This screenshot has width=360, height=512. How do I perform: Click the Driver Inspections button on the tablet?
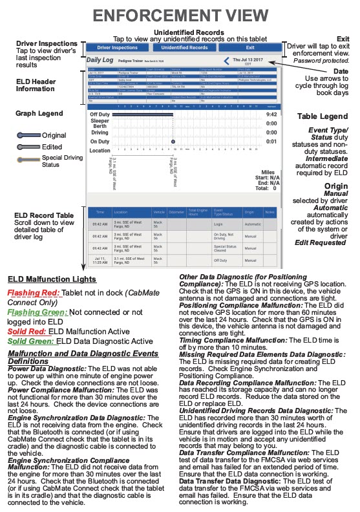point(118,48)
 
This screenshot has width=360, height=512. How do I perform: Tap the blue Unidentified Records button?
point(184,48)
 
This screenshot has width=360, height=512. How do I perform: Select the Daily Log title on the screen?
point(100,59)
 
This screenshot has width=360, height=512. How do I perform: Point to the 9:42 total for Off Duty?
point(272,114)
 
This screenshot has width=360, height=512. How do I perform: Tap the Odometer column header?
point(176,211)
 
